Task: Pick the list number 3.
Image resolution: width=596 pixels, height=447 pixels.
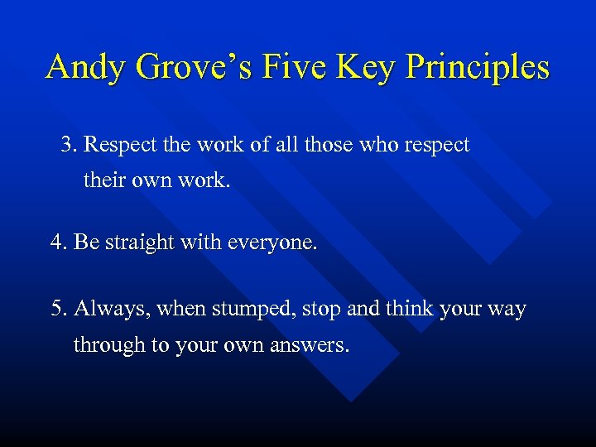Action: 68,146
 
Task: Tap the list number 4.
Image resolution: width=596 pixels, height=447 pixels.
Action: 58,243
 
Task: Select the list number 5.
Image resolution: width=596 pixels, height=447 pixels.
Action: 58,310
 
